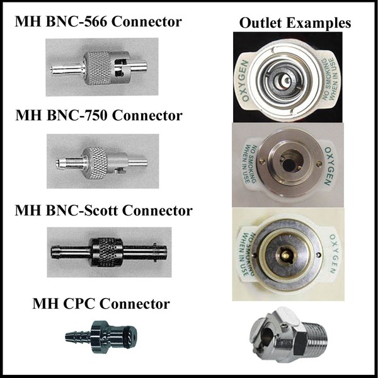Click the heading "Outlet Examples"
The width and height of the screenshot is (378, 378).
pos(295,23)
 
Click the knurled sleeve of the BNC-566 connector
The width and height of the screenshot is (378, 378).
pos(98,68)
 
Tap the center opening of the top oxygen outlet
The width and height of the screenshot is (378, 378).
pos(285,80)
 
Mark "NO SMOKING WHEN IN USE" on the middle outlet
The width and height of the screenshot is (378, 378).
pos(248,164)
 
